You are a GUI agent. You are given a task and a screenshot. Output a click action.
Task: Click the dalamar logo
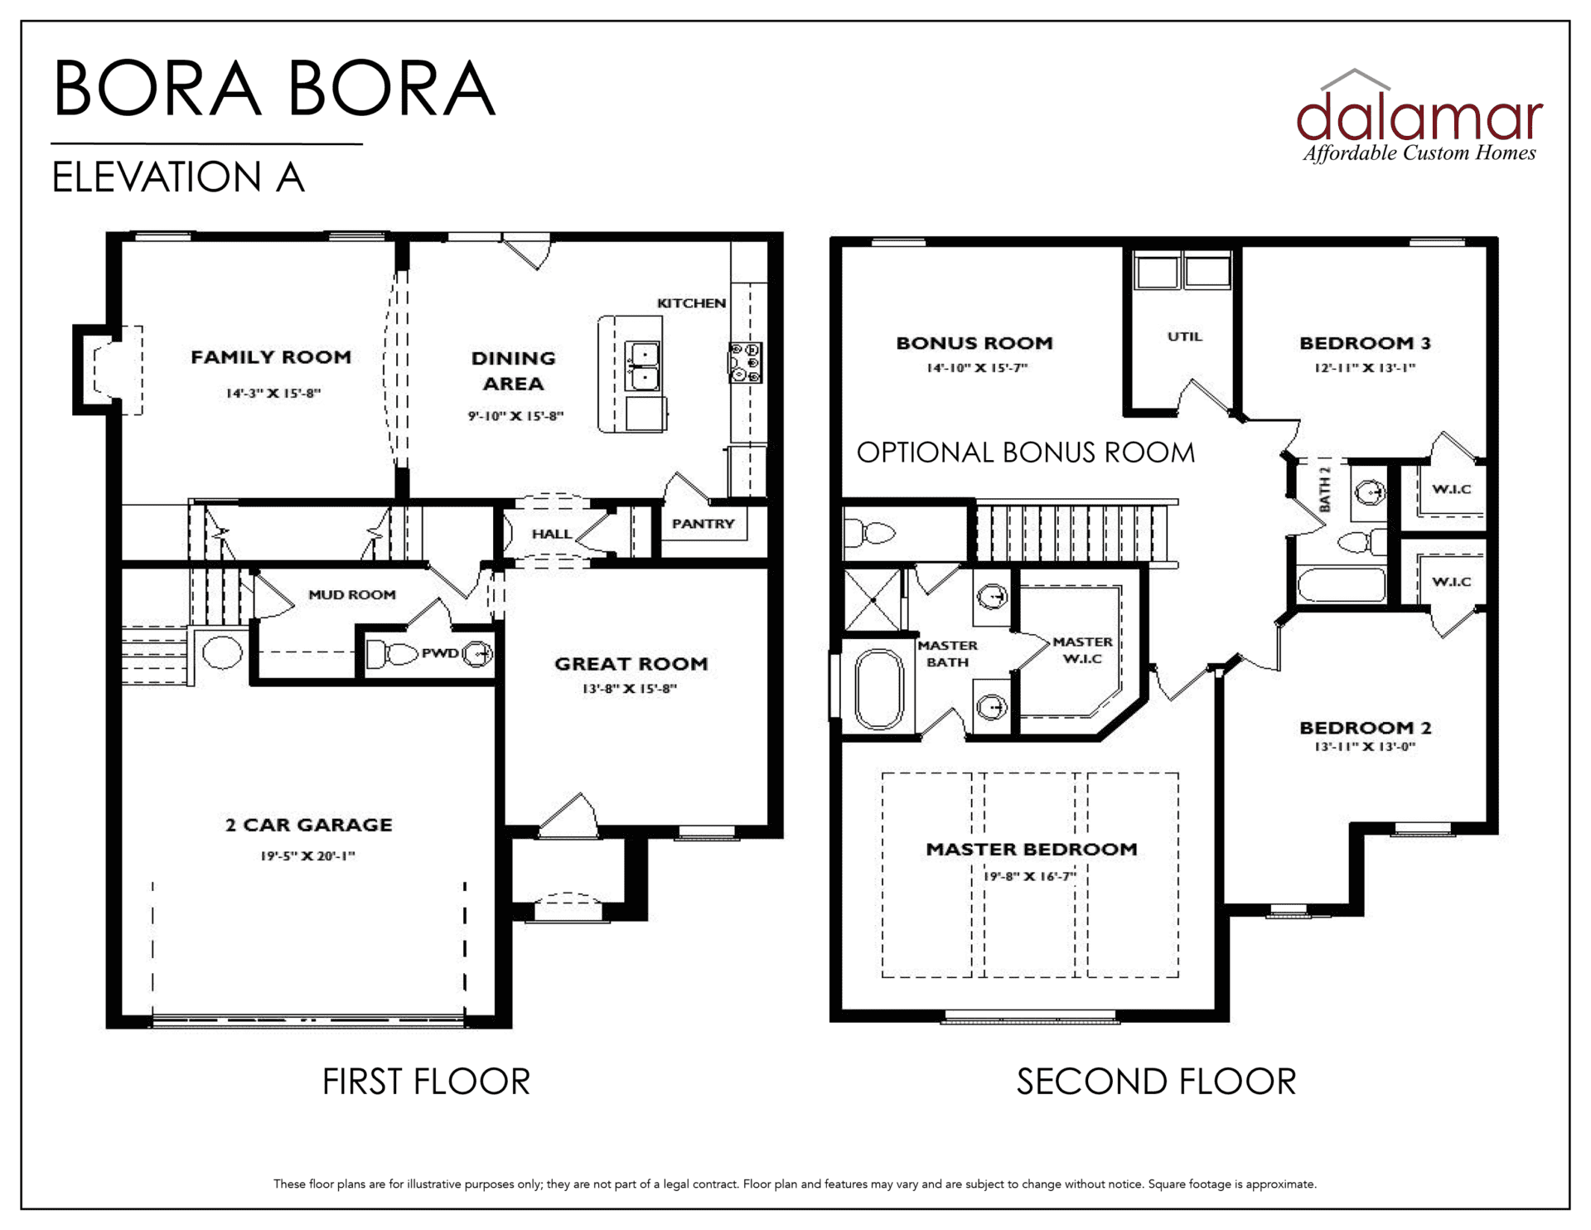[x=1419, y=116]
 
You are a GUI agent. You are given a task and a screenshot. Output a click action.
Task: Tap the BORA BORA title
[x=274, y=88]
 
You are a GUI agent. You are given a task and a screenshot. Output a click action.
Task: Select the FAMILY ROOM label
[x=271, y=357]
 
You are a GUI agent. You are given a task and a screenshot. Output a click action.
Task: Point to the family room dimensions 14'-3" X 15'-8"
[x=273, y=393]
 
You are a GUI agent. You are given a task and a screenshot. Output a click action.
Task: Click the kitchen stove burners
[x=745, y=362]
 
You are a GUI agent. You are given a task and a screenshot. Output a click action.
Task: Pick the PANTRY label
[x=703, y=524]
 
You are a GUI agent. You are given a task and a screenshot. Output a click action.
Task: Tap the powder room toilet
[x=392, y=654]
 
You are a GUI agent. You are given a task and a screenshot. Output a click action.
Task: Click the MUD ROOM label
[x=352, y=594]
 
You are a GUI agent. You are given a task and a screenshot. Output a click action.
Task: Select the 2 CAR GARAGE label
[x=308, y=825]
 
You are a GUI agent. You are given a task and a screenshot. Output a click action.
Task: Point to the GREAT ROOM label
[x=631, y=664]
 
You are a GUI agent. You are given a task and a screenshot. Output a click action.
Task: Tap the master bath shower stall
[x=873, y=598]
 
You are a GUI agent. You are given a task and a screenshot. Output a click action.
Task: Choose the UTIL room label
[x=1184, y=337]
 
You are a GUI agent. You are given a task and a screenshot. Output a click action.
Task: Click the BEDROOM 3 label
[x=1365, y=343]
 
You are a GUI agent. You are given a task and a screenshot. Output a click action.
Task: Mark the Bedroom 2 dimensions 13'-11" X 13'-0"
[x=1365, y=747]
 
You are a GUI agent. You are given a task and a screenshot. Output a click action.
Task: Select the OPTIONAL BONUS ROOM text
[x=1026, y=453]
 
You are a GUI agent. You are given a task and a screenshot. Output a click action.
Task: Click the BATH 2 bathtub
[x=1341, y=584]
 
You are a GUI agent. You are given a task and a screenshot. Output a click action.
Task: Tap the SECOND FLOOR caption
[x=1156, y=1082]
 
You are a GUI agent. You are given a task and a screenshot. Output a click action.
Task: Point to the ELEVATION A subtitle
[x=178, y=177]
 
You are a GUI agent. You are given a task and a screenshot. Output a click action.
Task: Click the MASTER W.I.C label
[x=1082, y=651]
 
